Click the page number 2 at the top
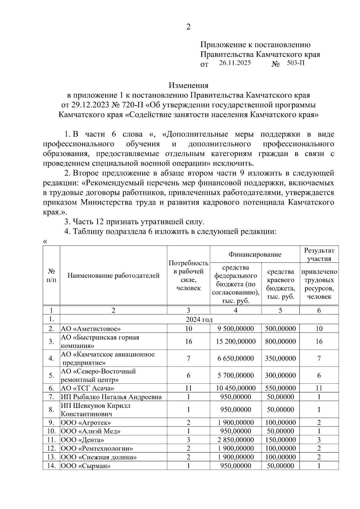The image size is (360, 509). pos(188,27)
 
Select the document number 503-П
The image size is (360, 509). pos(295,63)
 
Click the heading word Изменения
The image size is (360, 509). pos(188,85)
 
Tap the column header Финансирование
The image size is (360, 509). pos(255,254)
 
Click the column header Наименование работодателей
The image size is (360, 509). pos(113,275)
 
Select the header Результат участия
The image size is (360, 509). pos(319,254)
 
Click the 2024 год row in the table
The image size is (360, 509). pos(199,319)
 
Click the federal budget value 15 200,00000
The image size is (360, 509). pos(235,341)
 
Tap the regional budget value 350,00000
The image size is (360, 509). pos(280,358)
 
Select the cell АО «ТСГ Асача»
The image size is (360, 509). pos(87,388)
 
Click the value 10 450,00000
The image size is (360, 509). pos(235,388)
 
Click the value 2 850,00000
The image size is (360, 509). pos(235,440)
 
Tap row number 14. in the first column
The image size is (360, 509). pos(51,466)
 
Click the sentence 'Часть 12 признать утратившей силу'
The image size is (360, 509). pos(134,222)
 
